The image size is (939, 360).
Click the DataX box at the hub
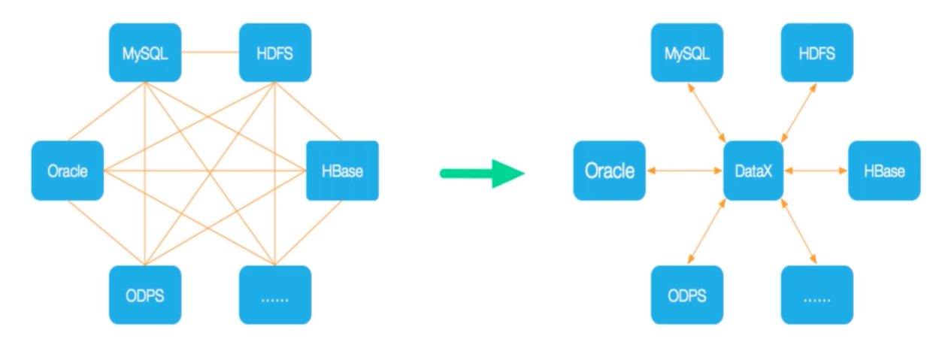(753, 171)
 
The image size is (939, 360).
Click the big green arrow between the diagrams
(482, 174)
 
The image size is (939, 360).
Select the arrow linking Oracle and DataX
(684, 171)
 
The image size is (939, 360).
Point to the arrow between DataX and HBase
(816, 171)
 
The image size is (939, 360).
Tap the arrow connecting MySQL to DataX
(707, 113)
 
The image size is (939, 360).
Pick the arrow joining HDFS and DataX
(799, 113)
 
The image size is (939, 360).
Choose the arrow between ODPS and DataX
(707, 231)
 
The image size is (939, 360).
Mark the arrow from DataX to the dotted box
(799, 231)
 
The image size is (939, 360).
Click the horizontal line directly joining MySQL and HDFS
(210, 53)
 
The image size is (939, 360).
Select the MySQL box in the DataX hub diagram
(687, 53)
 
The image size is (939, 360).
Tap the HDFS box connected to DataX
(817, 53)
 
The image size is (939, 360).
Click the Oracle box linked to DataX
(610, 171)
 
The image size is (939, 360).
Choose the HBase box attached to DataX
(885, 171)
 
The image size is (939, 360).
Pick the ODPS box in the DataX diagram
(687, 295)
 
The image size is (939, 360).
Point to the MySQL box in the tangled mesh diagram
(145, 53)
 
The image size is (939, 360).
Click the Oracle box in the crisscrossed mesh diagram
(68, 171)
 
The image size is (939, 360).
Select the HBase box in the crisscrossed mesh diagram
(343, 171)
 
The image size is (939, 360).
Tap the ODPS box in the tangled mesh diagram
(145, 295)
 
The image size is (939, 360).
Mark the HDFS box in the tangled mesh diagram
(275, 53)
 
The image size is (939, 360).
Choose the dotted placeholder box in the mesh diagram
(275, 295)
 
